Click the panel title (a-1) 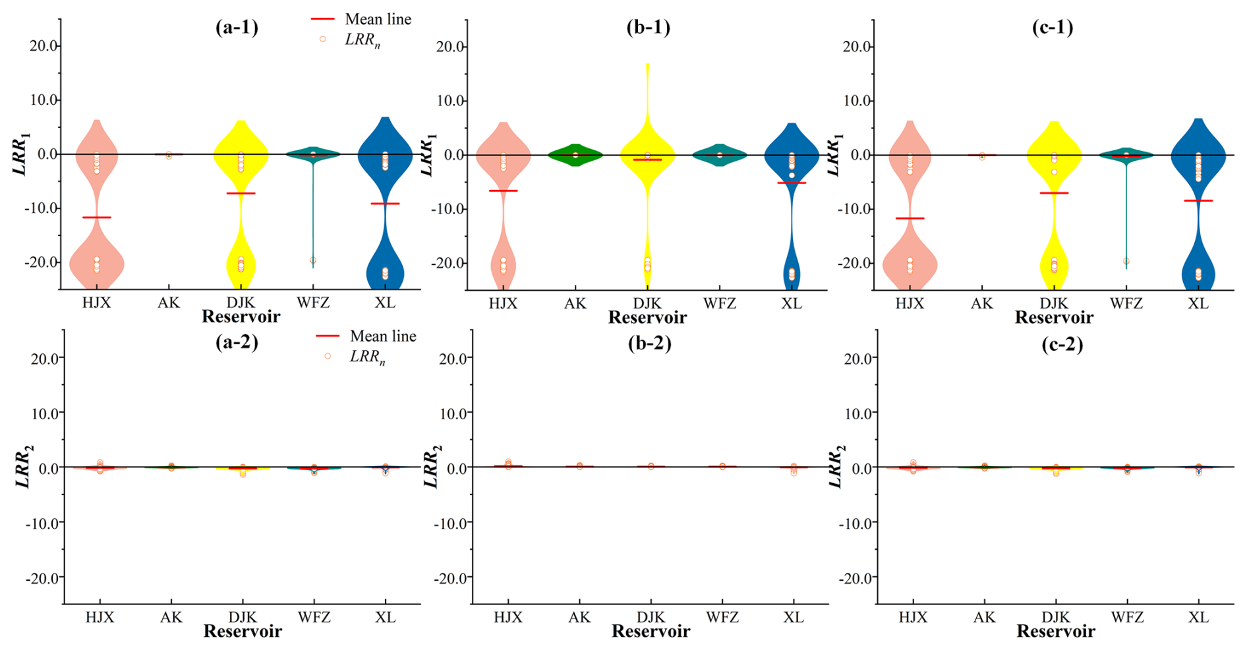(237, 27)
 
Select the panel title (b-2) (649, 343)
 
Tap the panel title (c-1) (1052, 27)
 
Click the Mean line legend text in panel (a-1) (378, 19)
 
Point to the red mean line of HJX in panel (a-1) (97, 218)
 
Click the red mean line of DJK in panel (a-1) (241, 193)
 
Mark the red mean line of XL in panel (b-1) (792, 183)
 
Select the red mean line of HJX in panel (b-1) (504, 191)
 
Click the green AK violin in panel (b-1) (575, 155)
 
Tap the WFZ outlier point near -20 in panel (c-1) (1126, 261)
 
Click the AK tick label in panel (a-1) (169, 303)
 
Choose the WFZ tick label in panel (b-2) (722, 618)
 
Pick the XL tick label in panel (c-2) (1198, 618)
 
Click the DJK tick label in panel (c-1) (1054, 303)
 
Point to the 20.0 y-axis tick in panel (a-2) (44, 358)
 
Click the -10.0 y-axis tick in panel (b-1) (449, 209)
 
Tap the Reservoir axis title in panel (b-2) (651, 632)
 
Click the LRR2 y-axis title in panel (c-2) (834, 467)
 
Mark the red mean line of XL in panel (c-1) (1198, 200)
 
